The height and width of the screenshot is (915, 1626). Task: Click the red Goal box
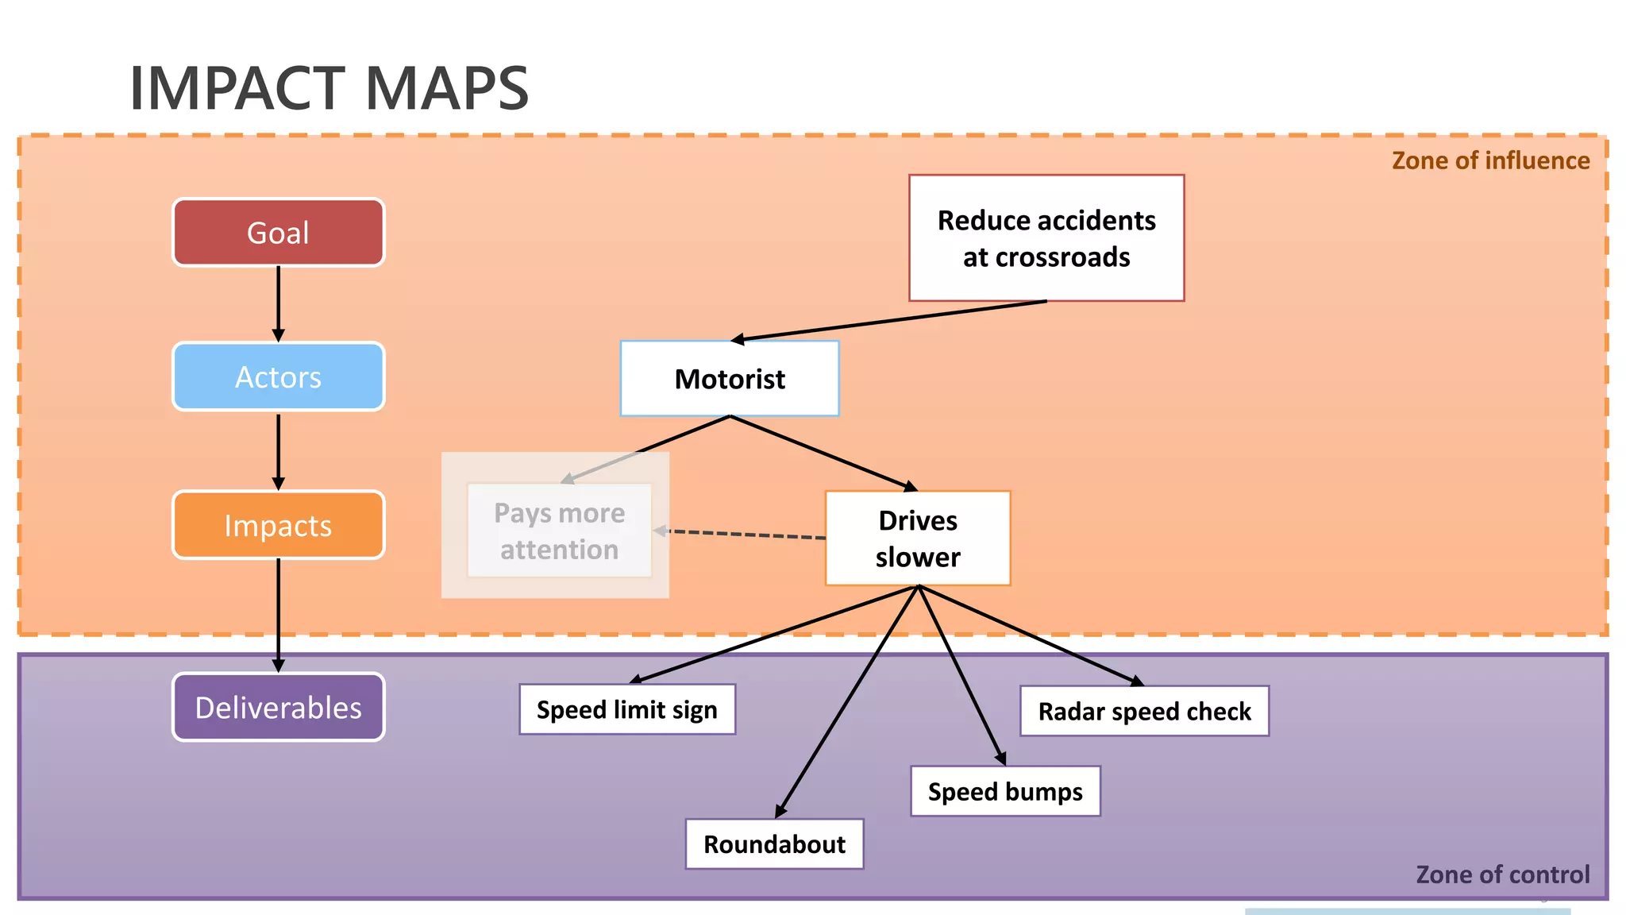[278, 233]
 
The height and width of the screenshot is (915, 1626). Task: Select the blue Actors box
[278, 376]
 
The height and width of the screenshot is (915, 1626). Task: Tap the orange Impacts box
[278, 525]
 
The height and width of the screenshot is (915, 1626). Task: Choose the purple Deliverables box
[278, 707]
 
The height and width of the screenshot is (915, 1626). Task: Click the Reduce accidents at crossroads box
[1046, 238]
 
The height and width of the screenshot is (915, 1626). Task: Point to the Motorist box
[729, 379]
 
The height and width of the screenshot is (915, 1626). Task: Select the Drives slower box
[918, 539]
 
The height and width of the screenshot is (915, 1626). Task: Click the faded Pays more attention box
[559, 531]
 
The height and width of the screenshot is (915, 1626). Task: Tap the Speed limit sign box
[627, 709]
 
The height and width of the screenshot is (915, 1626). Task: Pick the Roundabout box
[774, 844]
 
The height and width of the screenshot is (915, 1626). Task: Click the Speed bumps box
[1005, 791]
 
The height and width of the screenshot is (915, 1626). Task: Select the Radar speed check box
[1144, 711]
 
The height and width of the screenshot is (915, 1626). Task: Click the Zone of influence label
[1490, 160]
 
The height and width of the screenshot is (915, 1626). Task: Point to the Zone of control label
[1502, 874]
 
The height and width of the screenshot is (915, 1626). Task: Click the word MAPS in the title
[447, 88]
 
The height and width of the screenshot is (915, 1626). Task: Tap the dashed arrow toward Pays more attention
[742, 534]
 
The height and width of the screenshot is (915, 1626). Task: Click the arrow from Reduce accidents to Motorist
[889, 322]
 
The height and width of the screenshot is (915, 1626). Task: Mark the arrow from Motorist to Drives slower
[823, 453]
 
